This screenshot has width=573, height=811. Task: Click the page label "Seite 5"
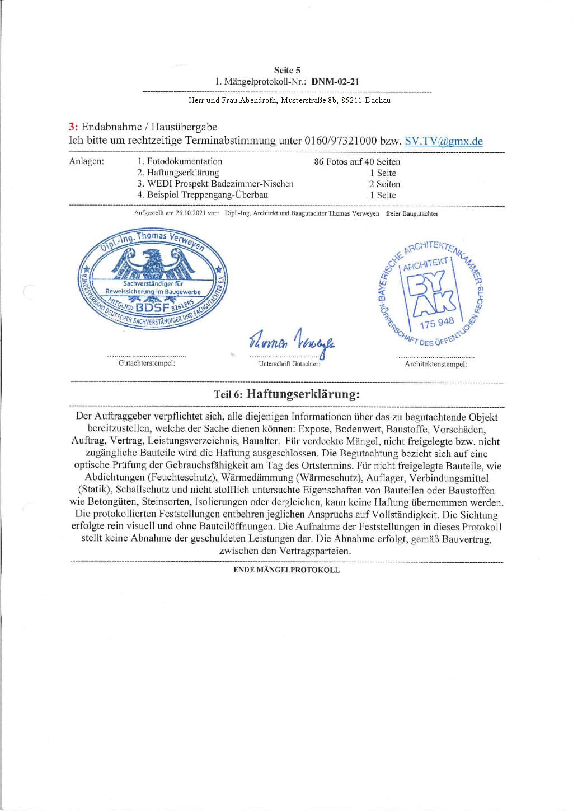click(287, 70)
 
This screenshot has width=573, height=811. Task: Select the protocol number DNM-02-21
click(335, 82)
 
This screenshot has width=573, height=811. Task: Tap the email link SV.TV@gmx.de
click(443, 141)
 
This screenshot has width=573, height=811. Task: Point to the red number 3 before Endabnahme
click(72, 127)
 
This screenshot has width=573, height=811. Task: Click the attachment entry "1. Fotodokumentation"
click(180, 161)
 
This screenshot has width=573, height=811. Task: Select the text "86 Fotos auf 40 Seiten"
click(357, 162)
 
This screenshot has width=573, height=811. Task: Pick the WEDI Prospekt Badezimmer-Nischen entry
click(215, 184)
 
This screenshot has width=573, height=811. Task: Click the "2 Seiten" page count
click(384, 184)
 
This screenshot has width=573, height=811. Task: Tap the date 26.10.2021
click(190, 213)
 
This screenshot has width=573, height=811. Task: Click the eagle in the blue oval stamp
click(152, 263)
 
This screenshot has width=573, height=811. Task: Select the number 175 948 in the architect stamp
click(436, 323)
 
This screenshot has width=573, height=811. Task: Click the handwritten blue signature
click(292, 340)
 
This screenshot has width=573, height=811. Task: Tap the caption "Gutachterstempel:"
click(147, 363)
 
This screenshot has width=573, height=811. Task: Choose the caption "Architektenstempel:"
click(435, 364)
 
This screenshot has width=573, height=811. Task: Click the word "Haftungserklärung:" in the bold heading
click(303, 394)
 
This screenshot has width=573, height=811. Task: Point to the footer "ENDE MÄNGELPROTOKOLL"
click(286, 570)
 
